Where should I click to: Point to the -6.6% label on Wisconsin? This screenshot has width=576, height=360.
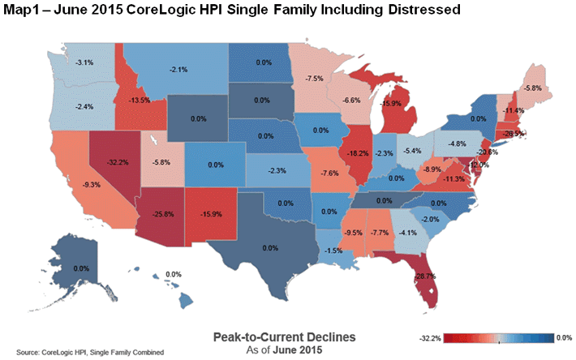click(350, 99)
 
